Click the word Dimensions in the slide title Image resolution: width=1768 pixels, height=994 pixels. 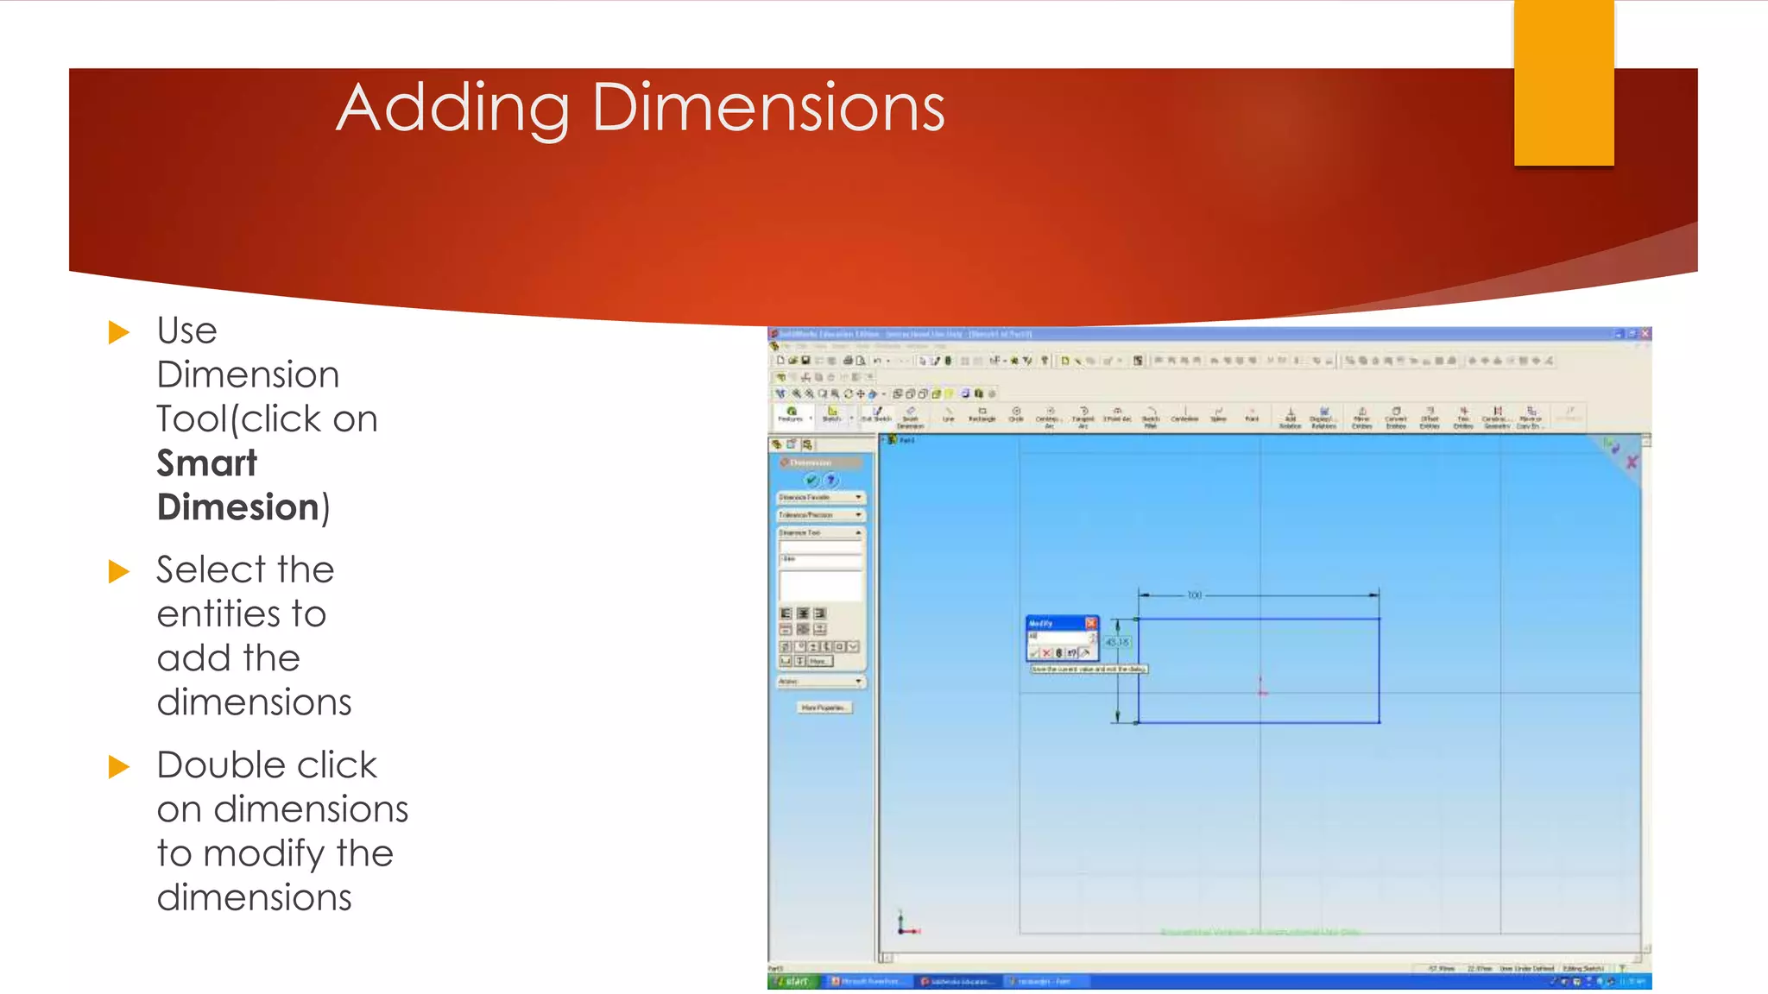768,108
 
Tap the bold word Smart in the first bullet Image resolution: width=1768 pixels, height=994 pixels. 207,463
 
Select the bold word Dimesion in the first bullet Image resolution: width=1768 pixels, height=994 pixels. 238,507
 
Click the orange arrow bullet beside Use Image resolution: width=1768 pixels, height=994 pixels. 119,332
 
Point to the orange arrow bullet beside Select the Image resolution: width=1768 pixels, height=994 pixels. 119,571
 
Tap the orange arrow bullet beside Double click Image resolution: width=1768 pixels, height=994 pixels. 119,766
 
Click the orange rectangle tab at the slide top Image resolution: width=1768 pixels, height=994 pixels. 1563,82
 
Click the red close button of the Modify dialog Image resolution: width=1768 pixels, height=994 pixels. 1091,623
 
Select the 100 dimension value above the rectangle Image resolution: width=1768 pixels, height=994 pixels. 1195,595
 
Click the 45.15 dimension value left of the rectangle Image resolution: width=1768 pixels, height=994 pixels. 1117,643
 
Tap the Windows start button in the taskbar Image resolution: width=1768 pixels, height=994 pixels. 792,982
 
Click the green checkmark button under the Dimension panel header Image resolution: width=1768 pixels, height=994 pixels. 811,481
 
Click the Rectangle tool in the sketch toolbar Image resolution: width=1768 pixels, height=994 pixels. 982,414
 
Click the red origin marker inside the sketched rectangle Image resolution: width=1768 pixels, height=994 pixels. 1261,690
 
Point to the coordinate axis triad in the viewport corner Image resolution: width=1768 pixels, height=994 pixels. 904,926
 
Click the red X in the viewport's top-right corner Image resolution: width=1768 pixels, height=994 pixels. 1632,462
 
